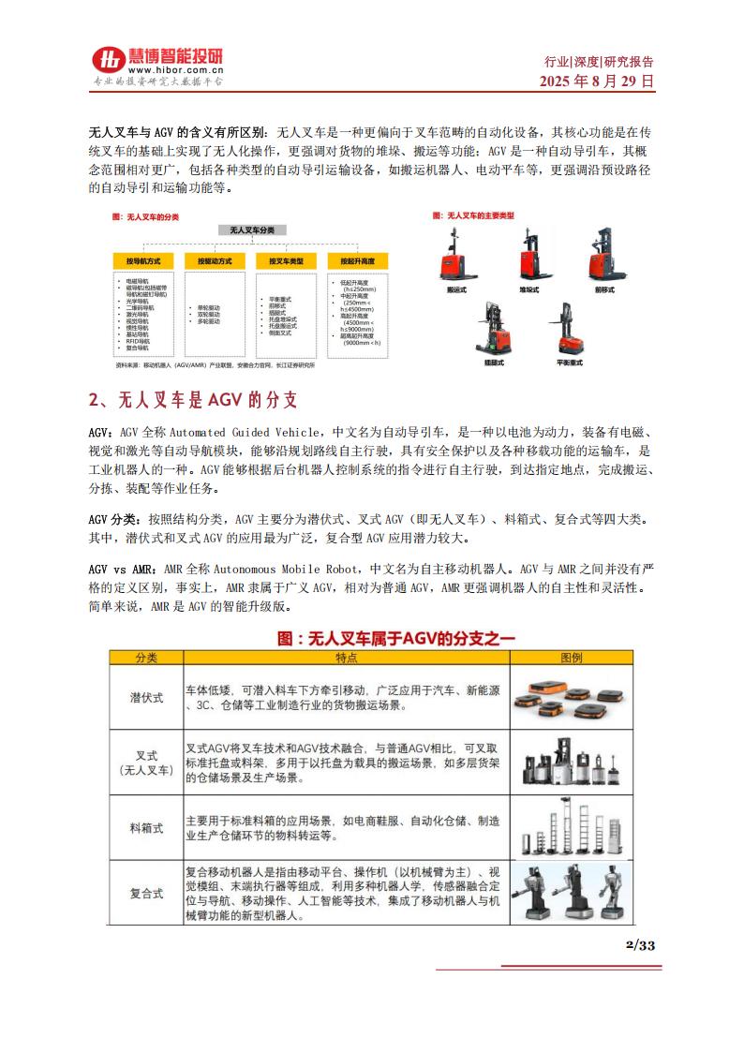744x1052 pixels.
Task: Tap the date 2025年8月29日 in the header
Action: click(x=597, y=81)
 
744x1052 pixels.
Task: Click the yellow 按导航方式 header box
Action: click(x=143, y=260)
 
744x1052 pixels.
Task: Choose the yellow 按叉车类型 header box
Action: click(x=284, y=260)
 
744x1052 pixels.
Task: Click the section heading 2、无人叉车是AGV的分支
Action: click(x=193, y=401)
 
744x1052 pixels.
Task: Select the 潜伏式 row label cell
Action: click(x=146, y=698)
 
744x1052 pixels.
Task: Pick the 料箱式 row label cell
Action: click(x=146, y=829)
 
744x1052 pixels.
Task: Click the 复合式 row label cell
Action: click(x=146, y=893)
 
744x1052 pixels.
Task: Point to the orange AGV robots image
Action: click(x=573, y=698)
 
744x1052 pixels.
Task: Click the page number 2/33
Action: click(x=640, y=944)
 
